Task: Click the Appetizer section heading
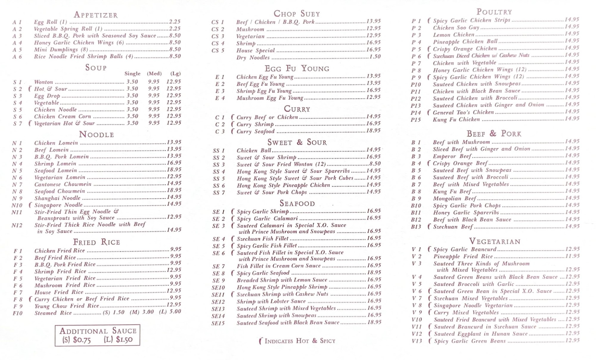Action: pos(96,15)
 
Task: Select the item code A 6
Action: pos(17,57)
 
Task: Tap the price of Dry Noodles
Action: pos(375,57)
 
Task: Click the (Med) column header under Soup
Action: pos(154,74)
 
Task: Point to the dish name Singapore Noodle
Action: pos(58,205)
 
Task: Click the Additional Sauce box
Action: pos(97,335)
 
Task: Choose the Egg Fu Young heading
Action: pos(297,69)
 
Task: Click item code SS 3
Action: pos(219,165)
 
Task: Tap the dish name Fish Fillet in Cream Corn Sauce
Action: pos(279,266)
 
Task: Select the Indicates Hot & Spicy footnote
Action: pos(297,341)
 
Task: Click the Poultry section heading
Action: pos(494,12)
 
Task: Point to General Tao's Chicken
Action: pos(463,112)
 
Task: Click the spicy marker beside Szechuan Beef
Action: pos(429,226)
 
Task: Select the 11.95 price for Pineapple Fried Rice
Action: pos(572,256)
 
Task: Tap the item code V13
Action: pos(417,341)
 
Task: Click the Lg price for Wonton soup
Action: pos(174,81)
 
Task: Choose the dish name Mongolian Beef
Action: pos(454,198)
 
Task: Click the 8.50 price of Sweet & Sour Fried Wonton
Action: pos(375,164)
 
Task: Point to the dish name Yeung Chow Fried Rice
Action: pos(67,306)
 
